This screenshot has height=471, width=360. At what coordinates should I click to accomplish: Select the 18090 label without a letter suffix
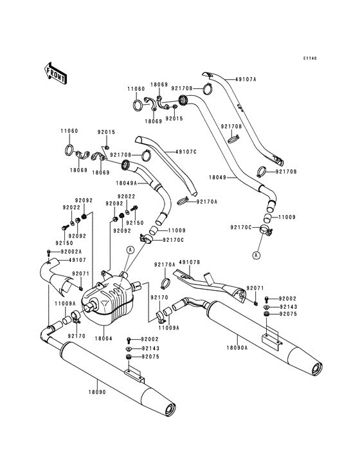(96, 392)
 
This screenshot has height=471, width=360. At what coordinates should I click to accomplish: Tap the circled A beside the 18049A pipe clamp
(130, 249)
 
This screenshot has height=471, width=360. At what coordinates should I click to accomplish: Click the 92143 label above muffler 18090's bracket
(150, 347)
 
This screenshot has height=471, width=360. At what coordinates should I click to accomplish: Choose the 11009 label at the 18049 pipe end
(287, 217)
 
